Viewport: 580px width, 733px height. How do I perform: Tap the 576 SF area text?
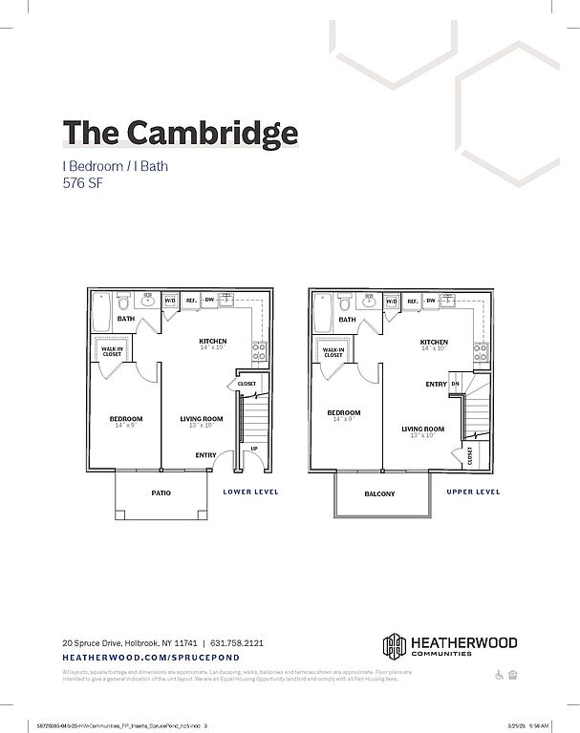pos(82,183)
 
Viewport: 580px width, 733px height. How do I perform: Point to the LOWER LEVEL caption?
pos(250,492)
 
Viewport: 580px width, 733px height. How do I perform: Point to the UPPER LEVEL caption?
pos(473,492)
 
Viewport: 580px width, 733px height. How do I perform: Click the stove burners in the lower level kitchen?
pos(258,354)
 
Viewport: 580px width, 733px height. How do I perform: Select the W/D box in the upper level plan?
pos(392,302)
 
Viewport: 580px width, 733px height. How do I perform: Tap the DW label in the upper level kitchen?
pos(432,301)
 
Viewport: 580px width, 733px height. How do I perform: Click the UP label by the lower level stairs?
pos(253,449)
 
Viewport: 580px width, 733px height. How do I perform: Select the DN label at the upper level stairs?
pos(455,384)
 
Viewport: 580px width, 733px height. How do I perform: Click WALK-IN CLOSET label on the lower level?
pos(113,351)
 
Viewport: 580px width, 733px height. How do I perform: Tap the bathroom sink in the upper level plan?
pos(371,302)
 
